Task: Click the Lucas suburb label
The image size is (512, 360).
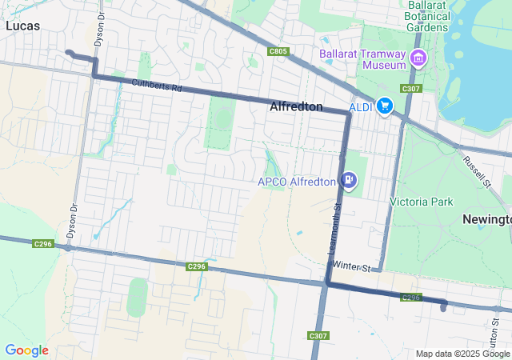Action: coord(22,26)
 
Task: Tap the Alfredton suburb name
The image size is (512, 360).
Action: coord(296,106)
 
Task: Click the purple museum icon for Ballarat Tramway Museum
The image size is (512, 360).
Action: coord(418,58)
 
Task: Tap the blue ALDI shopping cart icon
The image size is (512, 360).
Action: coord(385,106)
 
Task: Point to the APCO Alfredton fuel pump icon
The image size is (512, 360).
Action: coord(349,181)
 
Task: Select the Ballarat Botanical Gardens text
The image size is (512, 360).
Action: coord(426,16)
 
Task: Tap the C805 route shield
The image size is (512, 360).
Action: coord(278,51)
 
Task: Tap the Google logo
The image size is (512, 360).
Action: coord(26,350)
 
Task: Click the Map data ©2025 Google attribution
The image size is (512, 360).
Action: coord(462,354)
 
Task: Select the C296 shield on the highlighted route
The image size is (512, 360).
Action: coord(410,298)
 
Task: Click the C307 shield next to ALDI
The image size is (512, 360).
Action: coord(411,88)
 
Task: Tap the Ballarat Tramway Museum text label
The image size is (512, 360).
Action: coord(363,55)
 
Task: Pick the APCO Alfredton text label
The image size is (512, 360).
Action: coord(297,182)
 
